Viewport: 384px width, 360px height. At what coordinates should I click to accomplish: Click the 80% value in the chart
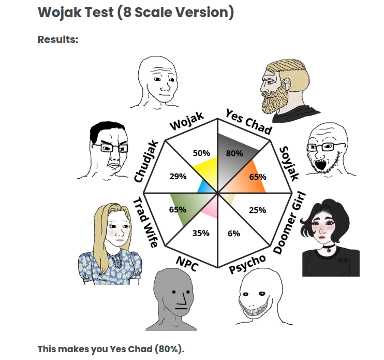point(234,153)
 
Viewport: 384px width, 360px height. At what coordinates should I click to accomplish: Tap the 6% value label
point(233,234)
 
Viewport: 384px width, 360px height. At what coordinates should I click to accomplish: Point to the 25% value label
point(257,210)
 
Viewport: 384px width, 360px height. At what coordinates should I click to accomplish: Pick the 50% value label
point(201,153)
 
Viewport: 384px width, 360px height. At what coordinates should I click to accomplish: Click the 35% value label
point(201,233)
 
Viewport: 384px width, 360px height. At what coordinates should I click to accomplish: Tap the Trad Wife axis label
point(145,222)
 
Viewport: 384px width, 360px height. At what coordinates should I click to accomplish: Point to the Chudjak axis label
point(145,161)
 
